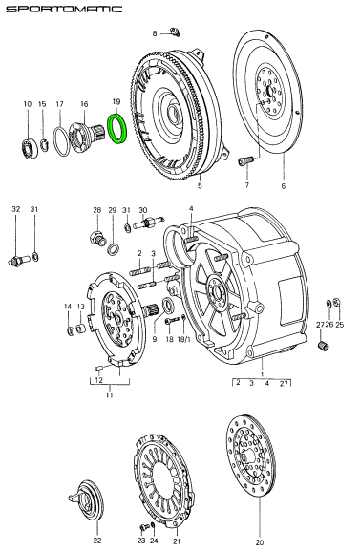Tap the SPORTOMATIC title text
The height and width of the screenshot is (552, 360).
click(x=64, y=9)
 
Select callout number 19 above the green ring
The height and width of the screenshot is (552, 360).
click(x=116, y=102)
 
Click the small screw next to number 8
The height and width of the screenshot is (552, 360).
click(x=175, y=32)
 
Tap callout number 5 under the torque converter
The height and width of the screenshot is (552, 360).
click(x=200, y=185)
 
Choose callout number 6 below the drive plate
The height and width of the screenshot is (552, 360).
click(x=284, y=186)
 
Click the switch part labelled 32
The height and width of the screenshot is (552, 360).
click(x=16, y=261)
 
